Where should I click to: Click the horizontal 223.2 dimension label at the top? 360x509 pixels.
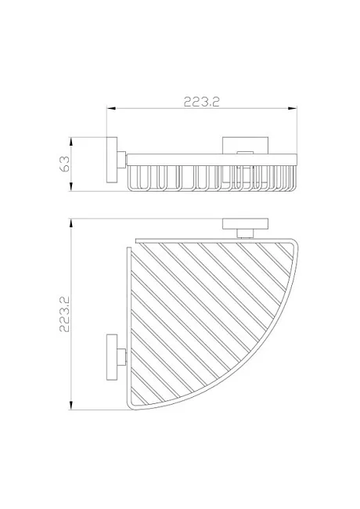[x=202, y=102]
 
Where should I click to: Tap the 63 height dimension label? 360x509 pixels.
[x=64, y=164]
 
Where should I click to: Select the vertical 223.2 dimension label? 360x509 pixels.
[x=64, y=314]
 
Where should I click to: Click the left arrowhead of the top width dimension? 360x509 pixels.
[x=112, y=109]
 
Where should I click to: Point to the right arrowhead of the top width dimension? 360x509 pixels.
[x=293, y=109]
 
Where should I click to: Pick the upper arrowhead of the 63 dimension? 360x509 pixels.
[x=70, y=143]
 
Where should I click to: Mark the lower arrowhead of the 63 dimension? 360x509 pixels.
[x=70, y=186]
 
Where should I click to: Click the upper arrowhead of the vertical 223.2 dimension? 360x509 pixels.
[x=70, y=224]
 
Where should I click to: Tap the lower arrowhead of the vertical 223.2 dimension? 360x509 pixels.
[x=70, y=405]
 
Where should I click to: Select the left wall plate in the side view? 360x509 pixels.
[x=112, y=161]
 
